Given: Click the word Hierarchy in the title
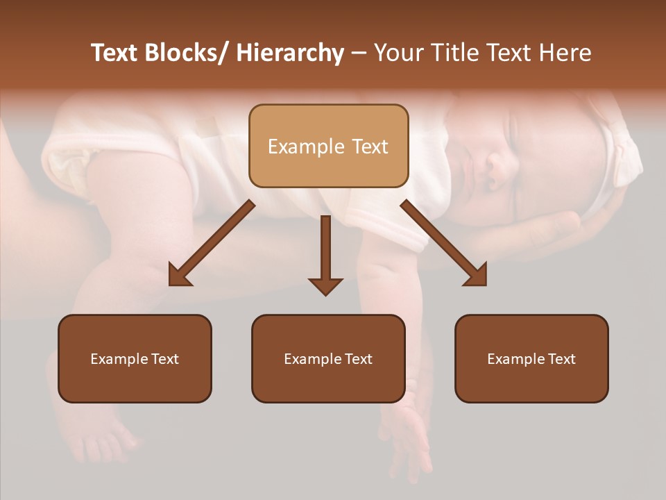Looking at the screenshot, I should tap(290, 53).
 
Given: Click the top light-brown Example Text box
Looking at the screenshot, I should tap(328, 146).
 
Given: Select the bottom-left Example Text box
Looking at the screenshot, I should tap(135, 358).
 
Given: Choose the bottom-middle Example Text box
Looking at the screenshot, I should tap(328, 358).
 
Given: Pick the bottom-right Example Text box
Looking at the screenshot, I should tap(531, 358).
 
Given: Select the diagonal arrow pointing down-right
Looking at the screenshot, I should tap(444, 243).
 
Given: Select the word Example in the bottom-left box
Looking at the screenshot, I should tap(119, 359).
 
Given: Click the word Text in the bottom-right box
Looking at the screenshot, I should tap(561, 359).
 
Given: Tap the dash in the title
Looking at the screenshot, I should tap(359, 53).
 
